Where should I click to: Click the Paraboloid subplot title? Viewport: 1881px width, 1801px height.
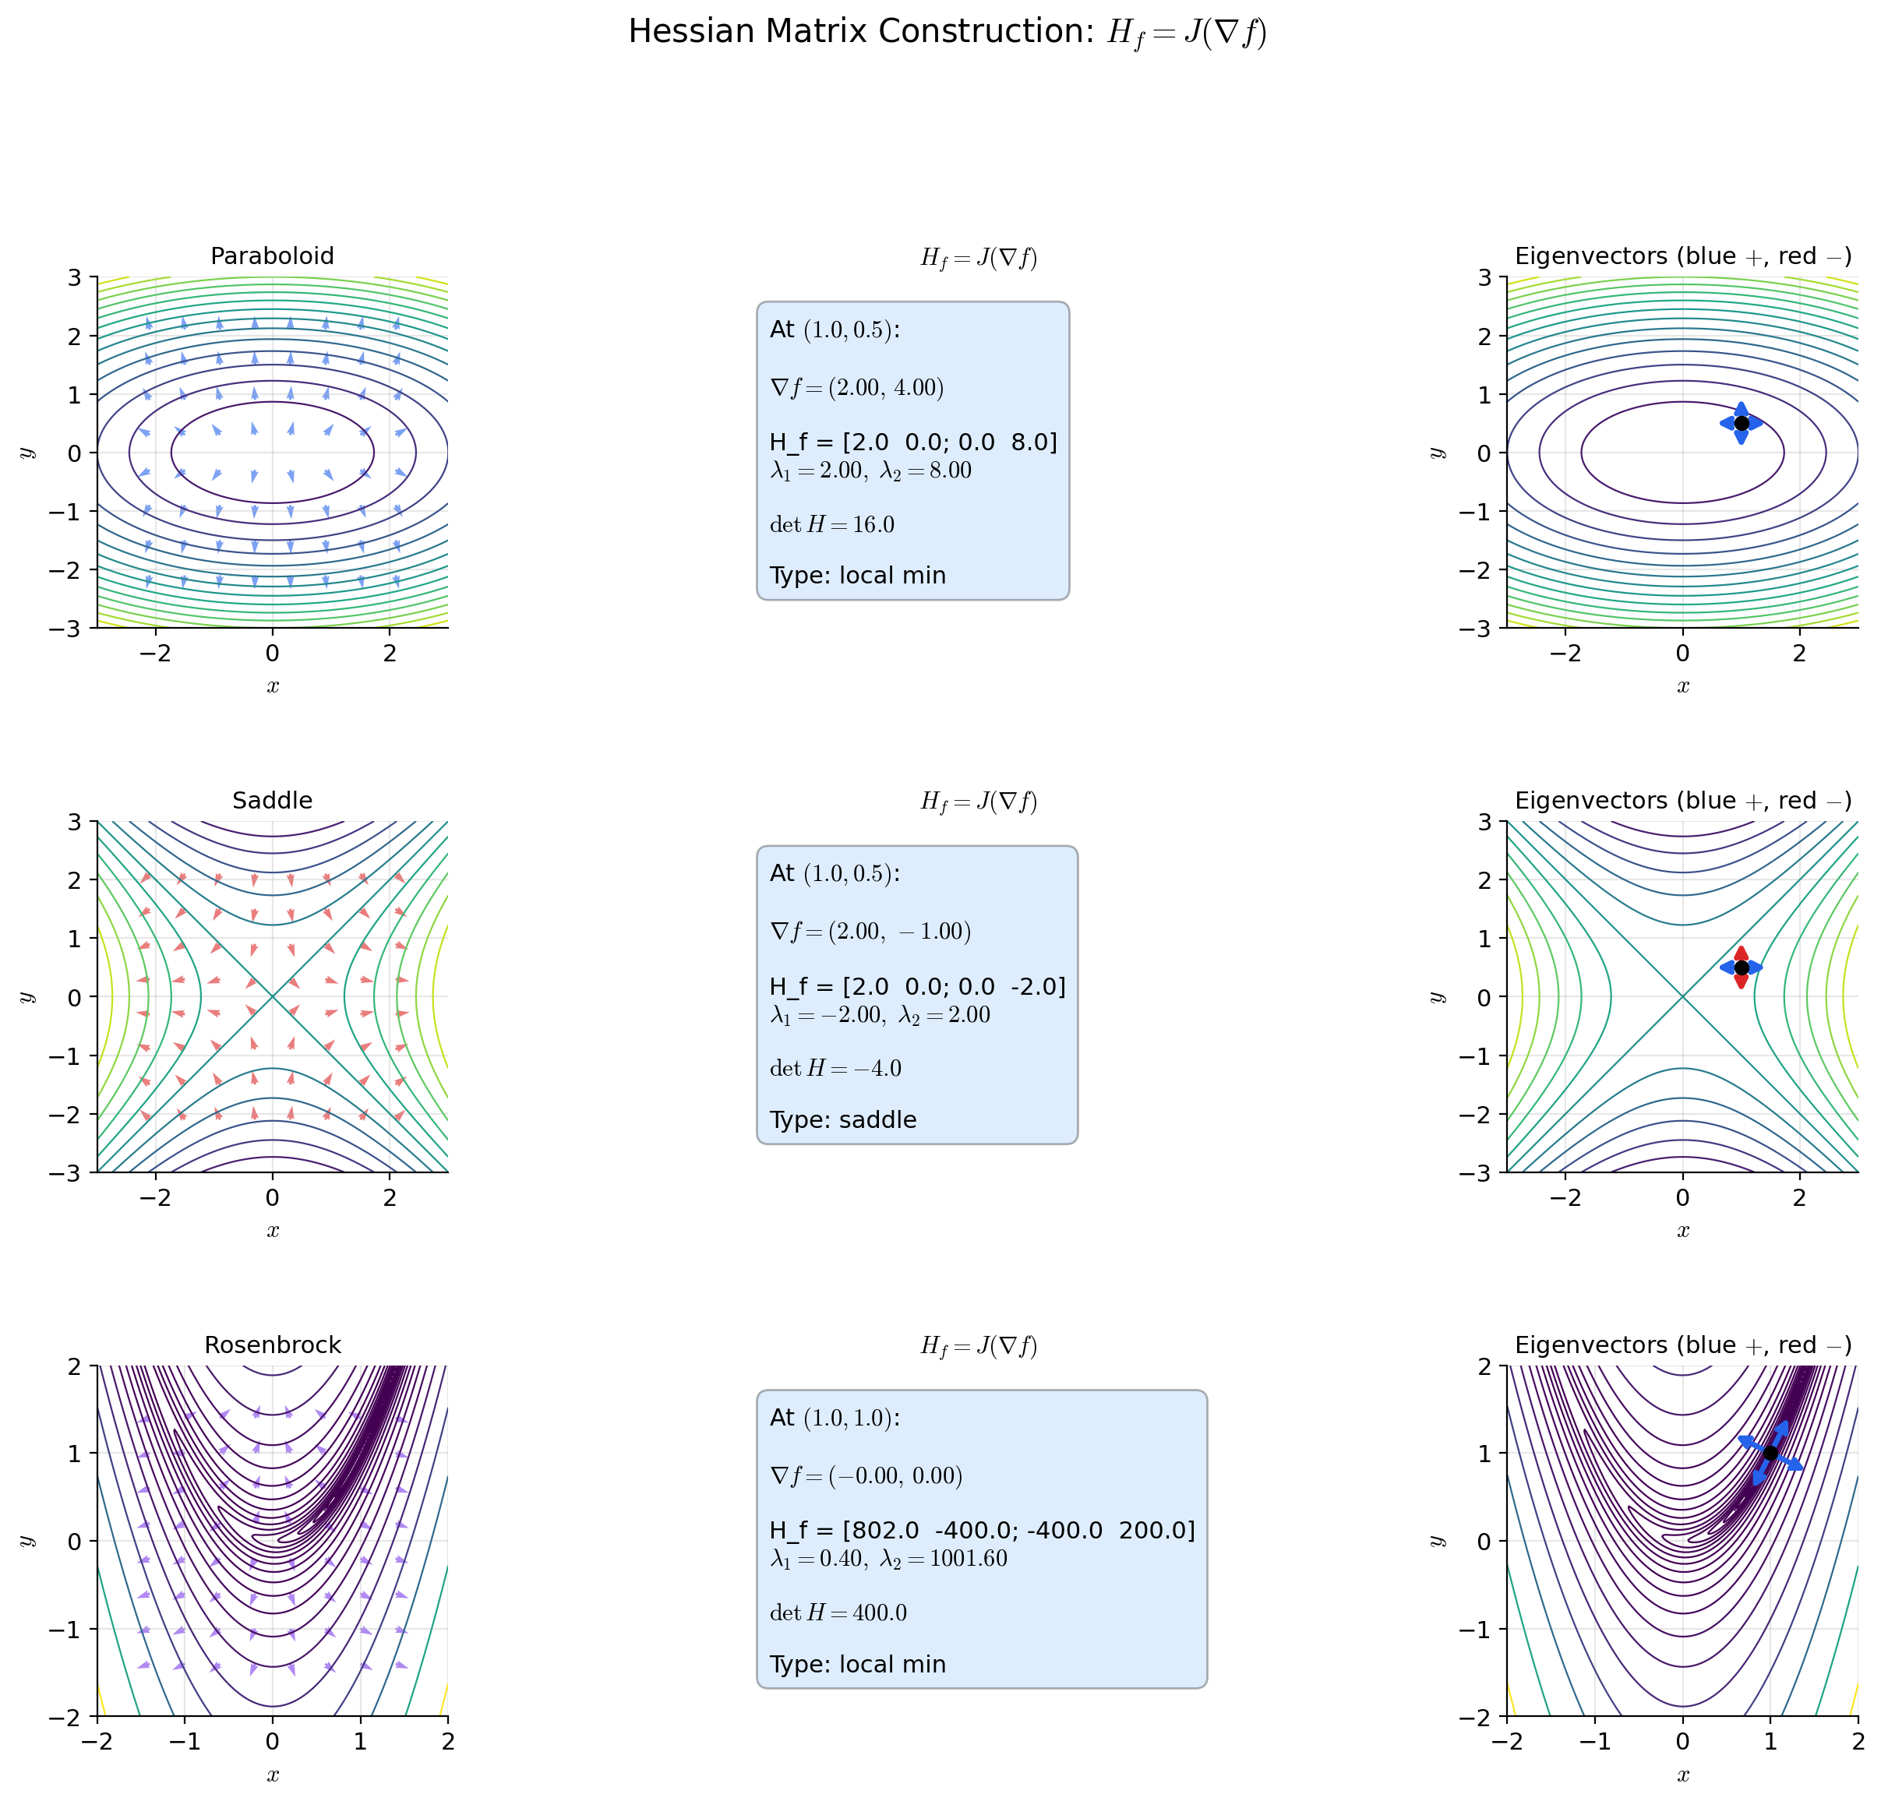click(272, 256)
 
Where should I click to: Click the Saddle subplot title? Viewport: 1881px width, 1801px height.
click(272, 800)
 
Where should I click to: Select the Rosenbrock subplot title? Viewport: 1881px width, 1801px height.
click(272, 1345)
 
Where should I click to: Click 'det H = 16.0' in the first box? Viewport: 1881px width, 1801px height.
click(831, 524)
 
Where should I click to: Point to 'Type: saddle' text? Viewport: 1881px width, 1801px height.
click(842, 1119)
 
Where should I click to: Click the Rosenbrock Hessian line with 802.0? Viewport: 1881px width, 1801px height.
click(982, 1529)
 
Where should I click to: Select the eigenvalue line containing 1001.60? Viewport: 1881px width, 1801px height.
click(888, 1558)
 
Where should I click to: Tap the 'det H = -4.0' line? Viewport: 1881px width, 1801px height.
click(835, 1068)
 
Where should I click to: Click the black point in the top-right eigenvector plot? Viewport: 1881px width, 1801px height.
click(1741, 423)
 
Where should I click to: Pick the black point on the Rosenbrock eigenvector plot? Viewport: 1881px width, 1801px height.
click(1770, 1453)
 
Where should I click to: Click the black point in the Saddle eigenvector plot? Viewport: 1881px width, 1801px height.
click(1741, 967)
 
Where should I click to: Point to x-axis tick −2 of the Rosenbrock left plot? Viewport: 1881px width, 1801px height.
click(97, 1740)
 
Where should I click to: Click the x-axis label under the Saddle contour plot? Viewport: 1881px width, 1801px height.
click(273, 1230)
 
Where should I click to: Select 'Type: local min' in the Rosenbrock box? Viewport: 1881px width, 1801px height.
click(857, 1664)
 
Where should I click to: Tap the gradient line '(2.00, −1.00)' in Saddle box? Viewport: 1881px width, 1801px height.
click(870, 931)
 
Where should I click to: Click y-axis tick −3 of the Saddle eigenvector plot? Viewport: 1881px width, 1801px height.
click(1484, 1172)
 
